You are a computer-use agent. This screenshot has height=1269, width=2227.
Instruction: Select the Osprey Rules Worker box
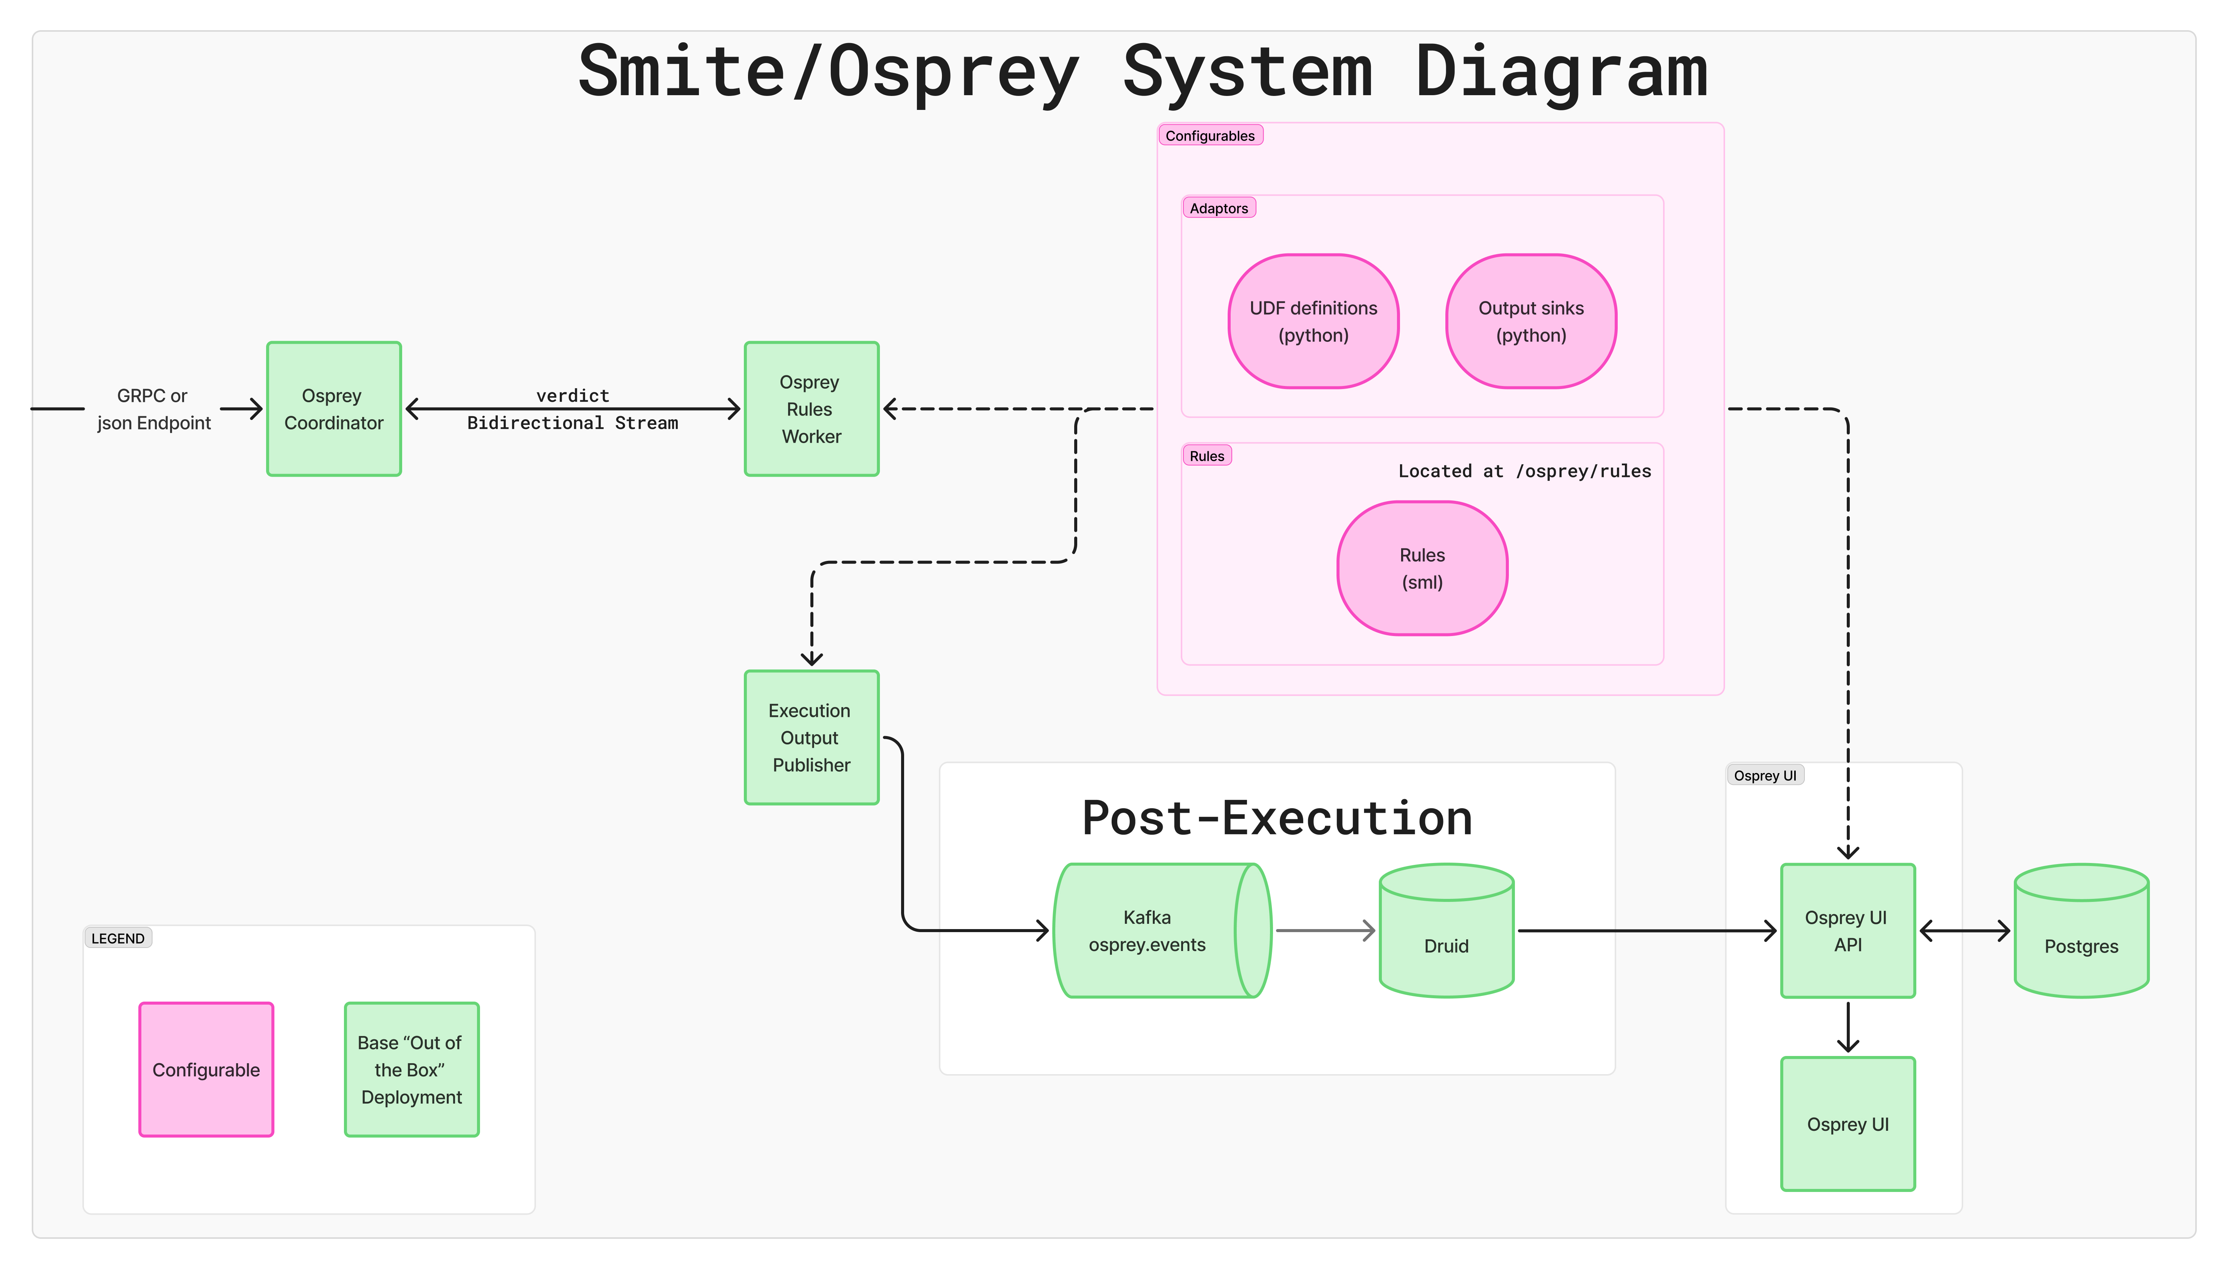click(811, 409)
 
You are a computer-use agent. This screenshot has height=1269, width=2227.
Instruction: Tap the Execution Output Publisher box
click(811, 737)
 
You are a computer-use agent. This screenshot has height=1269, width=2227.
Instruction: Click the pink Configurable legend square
click(206, 1070)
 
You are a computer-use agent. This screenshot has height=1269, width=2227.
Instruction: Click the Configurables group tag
click(1210, 136)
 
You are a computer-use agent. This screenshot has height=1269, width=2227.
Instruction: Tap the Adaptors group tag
click(1218, 208)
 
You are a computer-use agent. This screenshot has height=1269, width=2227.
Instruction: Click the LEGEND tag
click(118, 939)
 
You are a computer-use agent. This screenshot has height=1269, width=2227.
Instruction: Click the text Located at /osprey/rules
click(1524, 471)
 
